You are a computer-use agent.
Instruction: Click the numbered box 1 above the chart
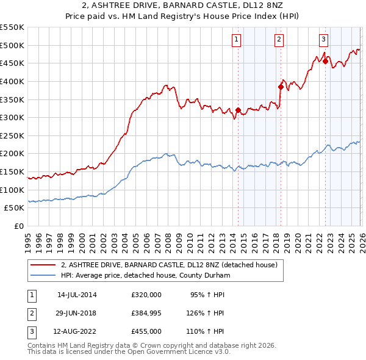tap(236, 40)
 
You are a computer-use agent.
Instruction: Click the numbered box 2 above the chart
tap(279, 40)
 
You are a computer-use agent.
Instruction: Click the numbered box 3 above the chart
tap(323, 40)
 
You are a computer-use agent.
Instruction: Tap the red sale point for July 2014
tap(238, 110)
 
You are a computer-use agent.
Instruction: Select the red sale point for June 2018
tap(281, 87)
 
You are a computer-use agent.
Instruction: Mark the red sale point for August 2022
tap(325, 61)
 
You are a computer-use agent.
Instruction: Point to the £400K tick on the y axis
tap(12, 81)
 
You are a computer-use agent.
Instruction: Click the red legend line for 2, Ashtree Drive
tap(43, 265)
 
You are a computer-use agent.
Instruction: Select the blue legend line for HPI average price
tap(43, 276)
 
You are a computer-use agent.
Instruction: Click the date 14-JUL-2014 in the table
tap(77, 294)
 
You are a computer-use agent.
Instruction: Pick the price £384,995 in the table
tap(146, 313)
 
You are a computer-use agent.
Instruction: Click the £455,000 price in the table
tap(146, 332)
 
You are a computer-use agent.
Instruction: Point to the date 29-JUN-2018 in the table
tap(77, 313)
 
